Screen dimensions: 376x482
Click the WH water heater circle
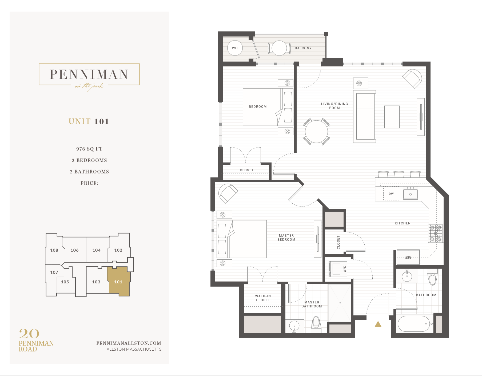[235, 48]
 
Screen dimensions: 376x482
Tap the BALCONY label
[303, 48]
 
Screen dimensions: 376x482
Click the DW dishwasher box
[391, 194]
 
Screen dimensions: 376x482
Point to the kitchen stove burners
[436, 233]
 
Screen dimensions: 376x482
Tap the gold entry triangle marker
[378, 324]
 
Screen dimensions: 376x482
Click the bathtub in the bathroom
[414, 324]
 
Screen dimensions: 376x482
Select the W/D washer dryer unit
[337, 269]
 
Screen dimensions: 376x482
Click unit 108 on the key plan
[54, 250]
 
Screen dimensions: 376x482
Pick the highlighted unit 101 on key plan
[118, 282]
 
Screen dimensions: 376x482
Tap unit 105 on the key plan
[65, 282]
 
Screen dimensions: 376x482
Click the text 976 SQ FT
[89, 149]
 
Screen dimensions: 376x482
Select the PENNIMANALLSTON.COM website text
[129, 343]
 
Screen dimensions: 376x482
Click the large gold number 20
[29, 334]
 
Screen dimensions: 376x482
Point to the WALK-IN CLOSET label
[263, 298]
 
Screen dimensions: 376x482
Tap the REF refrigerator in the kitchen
[408, 257]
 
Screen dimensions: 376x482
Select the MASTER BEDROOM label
[286, 238]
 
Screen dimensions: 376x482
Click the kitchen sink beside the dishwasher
[410, 194]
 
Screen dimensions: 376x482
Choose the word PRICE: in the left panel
[89, 183]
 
